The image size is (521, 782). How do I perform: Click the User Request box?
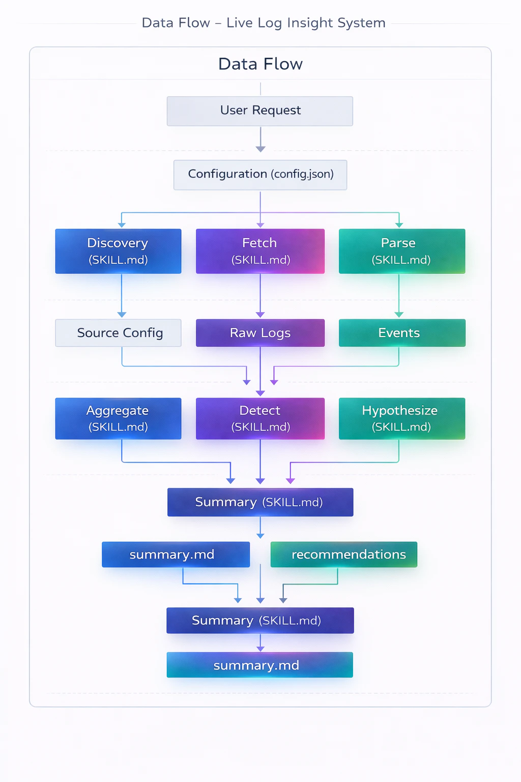tap(260, 111)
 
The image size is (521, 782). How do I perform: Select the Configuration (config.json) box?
tap(260, 175)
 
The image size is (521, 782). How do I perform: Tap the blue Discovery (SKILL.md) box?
tap(118, 251)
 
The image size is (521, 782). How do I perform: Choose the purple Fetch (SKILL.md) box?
tap(260, 251)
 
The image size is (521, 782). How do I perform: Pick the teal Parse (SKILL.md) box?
tap(401, 251)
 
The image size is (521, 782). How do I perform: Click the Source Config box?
tap(118, 333)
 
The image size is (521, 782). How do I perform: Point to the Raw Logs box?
tap(260, 333)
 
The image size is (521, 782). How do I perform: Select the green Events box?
tap(401, 333)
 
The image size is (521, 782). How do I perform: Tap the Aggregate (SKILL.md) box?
tap(118, 418)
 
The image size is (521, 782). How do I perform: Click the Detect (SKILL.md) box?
tap(260, 418)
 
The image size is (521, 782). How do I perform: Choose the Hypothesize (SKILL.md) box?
tap(401, 418)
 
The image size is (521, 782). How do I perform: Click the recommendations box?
tap(344, 554)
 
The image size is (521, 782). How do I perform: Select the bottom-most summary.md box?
tap(259, 665)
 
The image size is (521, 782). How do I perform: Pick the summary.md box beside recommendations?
tap(176, 554)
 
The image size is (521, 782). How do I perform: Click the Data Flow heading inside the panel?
tap(260, 64)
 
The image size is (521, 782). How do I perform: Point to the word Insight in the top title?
tap(310, 23)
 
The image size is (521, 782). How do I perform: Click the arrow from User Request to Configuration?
tap(260, 139)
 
